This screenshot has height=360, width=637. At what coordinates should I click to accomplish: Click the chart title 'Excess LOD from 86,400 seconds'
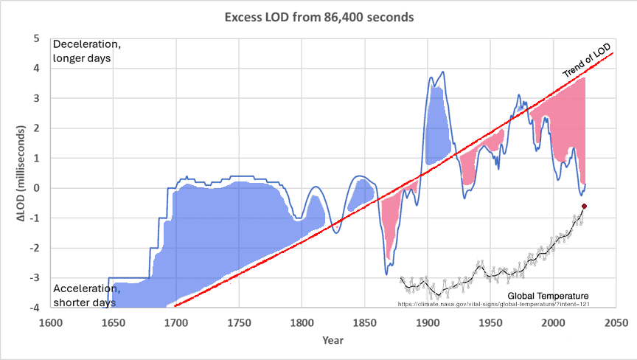pyautogui.click(x=318, y=16)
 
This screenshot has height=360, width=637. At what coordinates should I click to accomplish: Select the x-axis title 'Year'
pyautogui.click(x=332, y=340)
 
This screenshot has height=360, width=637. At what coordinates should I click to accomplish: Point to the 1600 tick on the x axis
pyautogui.click(x=50, y=322)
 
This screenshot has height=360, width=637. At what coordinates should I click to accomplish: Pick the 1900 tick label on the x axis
pyautogui.click(x=428, y=322)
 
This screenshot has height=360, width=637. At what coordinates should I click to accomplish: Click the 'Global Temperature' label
pyautogui.click(x=548, y=296)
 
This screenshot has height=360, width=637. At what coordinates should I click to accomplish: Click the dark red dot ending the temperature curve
pyautogui.click(x=584, y=207)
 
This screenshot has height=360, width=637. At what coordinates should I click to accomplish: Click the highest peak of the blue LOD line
pyautogui.click(x=442, y=72)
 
